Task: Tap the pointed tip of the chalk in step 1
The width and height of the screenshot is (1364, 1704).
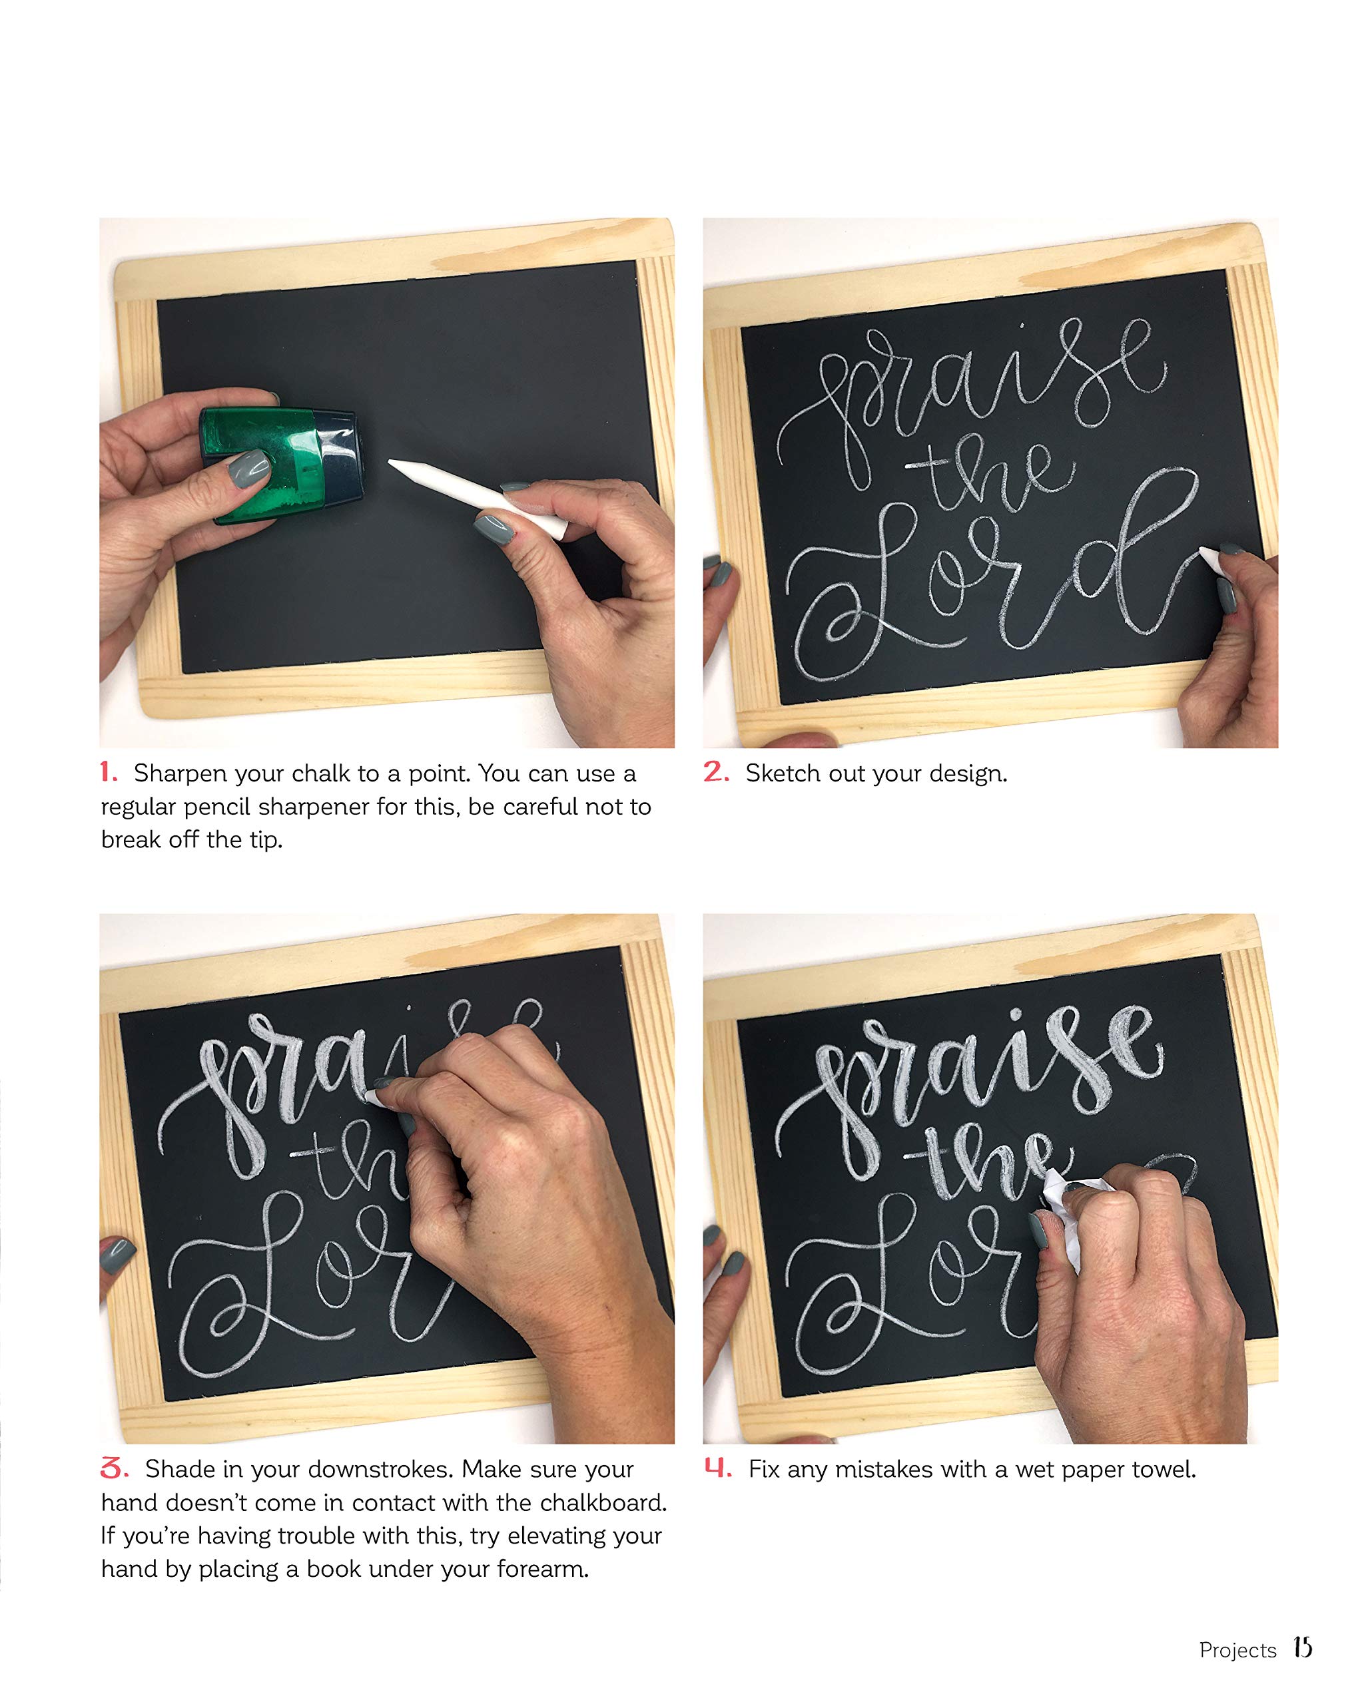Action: (393, 463)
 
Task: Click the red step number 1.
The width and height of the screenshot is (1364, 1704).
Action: (109, 772)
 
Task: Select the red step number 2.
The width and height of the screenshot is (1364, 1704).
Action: (715, 771)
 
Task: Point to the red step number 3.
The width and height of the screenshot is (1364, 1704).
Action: (114, 1468)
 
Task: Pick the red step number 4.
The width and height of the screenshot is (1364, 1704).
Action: (718, 1468)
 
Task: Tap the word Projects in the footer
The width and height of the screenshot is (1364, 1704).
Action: (1237, 1650)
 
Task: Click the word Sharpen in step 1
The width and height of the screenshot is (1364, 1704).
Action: (180, 773)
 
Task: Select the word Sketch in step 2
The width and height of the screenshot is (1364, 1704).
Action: (784, 773)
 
